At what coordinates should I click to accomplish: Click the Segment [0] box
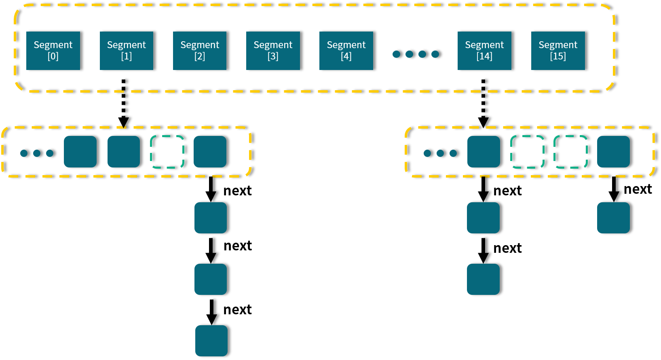click(x=53, y=51)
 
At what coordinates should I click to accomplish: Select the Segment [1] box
click(x=127, y=51)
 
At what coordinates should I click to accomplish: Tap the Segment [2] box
click(x=200, y=51)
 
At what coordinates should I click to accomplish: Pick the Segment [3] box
click(x=273, y=51)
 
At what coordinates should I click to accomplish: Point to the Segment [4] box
click(x=346, y=51)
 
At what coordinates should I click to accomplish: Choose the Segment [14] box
click(x=484, y=51)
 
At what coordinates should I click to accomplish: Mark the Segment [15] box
click(x=558, y=51)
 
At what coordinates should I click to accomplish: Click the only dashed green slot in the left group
click(x=167, y=152)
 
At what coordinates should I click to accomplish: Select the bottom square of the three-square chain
click(x=211, y=341)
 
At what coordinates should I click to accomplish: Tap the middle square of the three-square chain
click(x=211, y=279)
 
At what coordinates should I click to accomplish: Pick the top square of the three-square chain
click(x=211, y=218)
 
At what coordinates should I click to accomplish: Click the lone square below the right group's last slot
click(x=613, y=218)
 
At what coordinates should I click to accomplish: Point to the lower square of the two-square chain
click(x=483, y=279)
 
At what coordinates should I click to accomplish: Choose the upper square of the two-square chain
click(x=483, y=218)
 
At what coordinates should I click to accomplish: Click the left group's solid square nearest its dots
click(x=80, y=152)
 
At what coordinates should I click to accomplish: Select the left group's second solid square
click(x=124, y=152)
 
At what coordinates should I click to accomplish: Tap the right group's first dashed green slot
click(x=527, y=152)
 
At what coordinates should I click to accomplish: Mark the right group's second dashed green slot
click(x=570, y=152)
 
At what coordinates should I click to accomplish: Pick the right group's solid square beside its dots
click(x=484, y=152)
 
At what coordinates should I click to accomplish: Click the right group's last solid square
click(x=613, y=152)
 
